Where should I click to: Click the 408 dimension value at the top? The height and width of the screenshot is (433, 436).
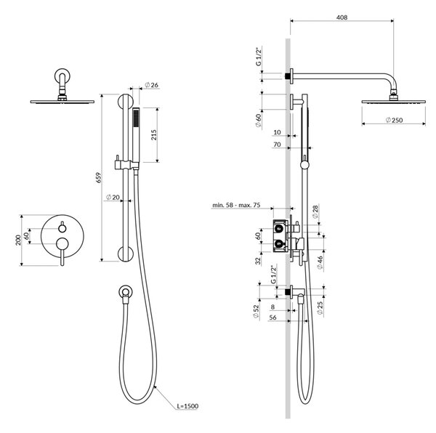tap(342, 17)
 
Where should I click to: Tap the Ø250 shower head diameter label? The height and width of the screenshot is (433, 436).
tap(395, 120)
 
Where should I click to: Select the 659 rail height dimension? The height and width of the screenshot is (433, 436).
tap(98, 177)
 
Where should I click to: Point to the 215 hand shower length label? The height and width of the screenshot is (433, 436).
tap(153, 134)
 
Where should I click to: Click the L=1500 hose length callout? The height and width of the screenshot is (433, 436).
tap(187, 406)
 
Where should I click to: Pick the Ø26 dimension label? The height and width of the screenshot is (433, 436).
tap(151, 85)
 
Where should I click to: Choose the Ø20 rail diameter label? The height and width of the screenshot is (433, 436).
tap(113, 197)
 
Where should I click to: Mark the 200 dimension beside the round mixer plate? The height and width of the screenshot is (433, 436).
tap(18, 240)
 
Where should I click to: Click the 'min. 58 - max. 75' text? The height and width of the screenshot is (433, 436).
tap(236, 205)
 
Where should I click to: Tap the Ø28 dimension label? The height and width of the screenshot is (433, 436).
tap(315, 211)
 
